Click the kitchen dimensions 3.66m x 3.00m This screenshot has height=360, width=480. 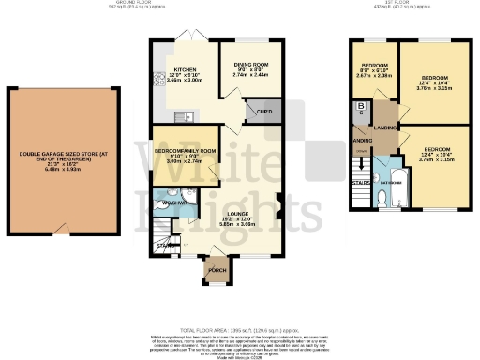[183, 81]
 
